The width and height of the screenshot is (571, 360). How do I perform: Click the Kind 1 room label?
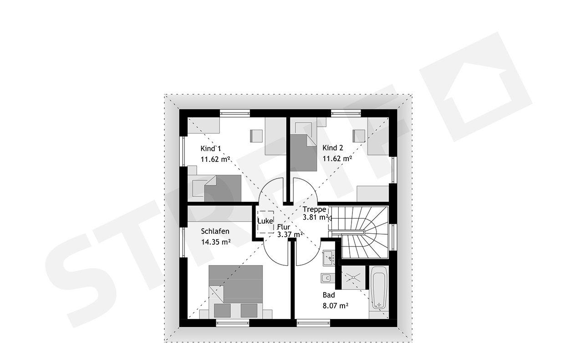point(210,149)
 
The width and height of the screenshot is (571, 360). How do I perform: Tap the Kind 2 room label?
point(333,148)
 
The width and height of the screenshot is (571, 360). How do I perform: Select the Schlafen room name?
point(215,231)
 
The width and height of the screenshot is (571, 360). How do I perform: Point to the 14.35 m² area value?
point(216,242)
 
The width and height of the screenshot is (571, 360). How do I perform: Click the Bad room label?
point(329,295)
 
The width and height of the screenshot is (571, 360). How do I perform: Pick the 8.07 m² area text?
point(336,306)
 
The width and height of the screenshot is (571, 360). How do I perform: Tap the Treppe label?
point(315,209)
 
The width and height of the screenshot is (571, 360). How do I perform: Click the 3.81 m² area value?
point(315,217)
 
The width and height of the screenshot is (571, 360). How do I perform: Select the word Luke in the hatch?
point(265,221)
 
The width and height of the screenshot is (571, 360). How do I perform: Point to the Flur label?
point(284,227)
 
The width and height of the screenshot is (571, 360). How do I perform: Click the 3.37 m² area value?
point(290,235)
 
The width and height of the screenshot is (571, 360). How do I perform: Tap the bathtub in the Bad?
point(379,288)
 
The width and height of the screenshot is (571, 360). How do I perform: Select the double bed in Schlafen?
point(235,292)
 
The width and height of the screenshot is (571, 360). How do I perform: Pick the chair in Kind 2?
point(359,136)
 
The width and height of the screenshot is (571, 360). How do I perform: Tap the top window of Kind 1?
point(235,113)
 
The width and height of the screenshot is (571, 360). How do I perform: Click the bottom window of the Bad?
point(313,323)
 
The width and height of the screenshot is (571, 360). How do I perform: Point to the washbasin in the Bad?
point(329,258)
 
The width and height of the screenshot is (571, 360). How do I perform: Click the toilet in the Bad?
point(328,278)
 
